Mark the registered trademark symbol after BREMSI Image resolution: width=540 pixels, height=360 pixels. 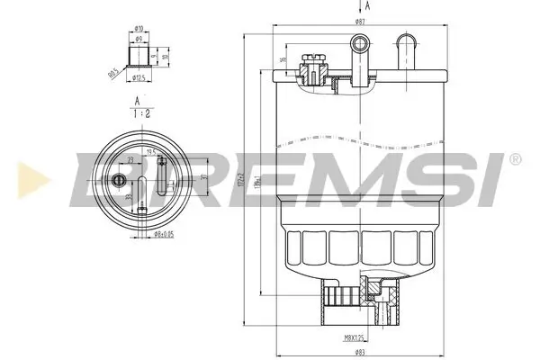pos(514,159)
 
